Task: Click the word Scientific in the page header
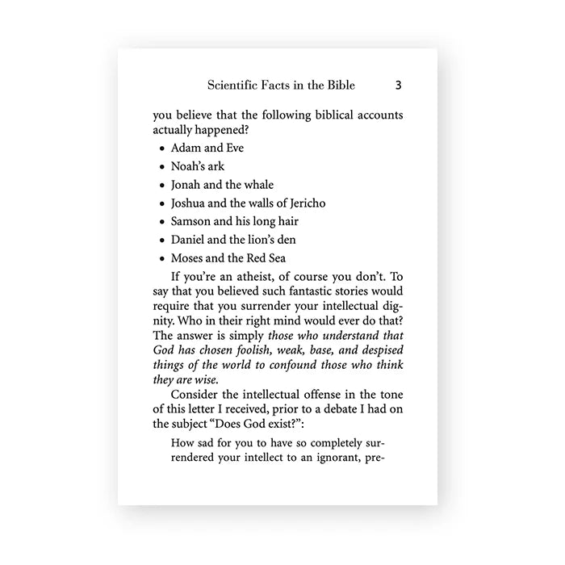pyautogui.click(x=235, y=85)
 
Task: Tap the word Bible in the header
pyautogui.click(x=338, y=85)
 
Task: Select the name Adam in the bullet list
pyautogui.click(x=185, y=149)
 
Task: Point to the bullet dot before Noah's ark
pyautogui.click(x=162, y=168)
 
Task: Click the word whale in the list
pyautogui.click(x=258, y=185)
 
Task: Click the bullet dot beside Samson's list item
pyautogui.click(x=162, y=223)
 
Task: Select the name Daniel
pyautogui.click(x=188, y=240)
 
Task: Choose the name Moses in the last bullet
pyautogui.click(x=187, y=258)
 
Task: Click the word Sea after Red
pyautogui.click(x=276, y=258)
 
